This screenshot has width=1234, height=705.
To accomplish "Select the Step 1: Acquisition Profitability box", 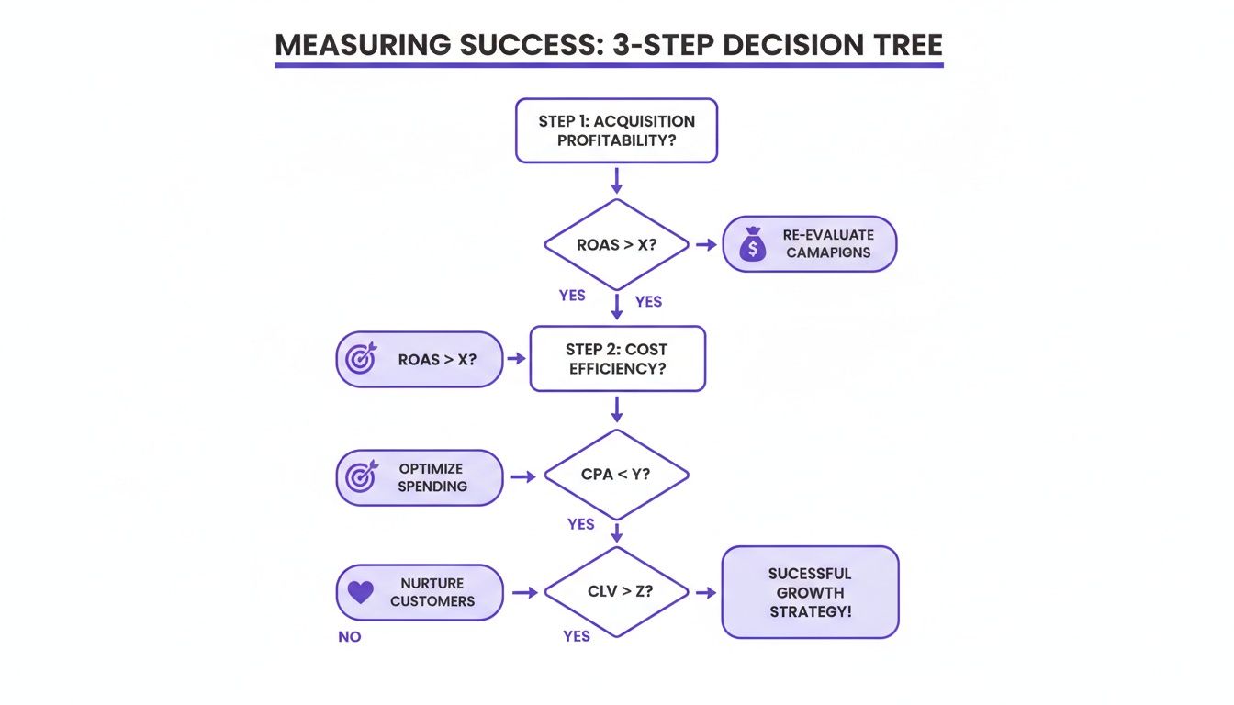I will click(x=616, y=131).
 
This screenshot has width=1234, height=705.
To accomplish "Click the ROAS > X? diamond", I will click(x=616, y=245).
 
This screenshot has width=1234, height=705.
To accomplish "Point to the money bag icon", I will click(x=753, y=245).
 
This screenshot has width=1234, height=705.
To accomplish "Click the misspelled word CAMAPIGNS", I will click(x=828, y=252).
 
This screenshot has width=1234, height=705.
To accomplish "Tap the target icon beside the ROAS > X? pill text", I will click(x=361, y=359).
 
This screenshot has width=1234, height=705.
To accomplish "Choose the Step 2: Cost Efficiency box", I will click(x=617, y=359).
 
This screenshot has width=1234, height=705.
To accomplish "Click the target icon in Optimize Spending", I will click(x=361, y=476).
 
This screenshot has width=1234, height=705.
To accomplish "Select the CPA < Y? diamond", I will click(x=616, y=476).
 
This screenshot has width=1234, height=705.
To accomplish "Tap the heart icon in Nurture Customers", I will click(x=361, y=592).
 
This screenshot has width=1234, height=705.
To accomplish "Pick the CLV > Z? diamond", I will click(x=616, y=592).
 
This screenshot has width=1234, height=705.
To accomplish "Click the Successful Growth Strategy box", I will click(x=810, y=592).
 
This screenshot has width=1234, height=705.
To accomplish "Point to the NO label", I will click(x=349, y=636).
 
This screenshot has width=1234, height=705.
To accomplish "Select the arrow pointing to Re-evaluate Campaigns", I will click(x=706, y=245).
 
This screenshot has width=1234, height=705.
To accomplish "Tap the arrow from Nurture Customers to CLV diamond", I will click(x=524, y=593).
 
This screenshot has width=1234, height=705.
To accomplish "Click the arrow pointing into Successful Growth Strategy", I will click(x=705, y=593).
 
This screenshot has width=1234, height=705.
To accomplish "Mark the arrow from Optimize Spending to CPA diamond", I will click(x=524, y=476).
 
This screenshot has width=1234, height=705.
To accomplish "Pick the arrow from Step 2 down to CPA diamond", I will click(x=616, y=409).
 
